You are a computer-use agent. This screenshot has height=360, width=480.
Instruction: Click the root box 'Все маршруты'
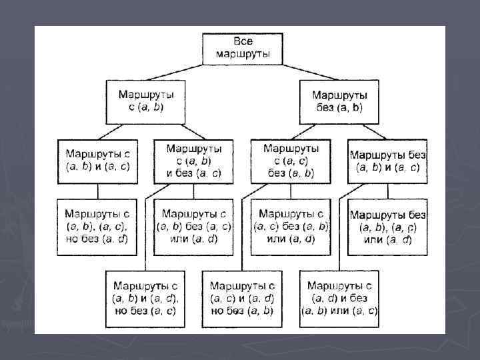pos(243,47)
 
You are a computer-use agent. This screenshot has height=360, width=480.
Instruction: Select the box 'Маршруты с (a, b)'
pos(145,101)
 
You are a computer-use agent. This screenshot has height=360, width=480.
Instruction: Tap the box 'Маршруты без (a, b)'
pos(340,101)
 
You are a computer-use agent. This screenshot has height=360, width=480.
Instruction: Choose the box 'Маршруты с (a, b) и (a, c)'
pos(97,161)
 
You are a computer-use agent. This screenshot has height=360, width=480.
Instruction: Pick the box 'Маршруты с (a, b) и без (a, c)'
pos(194,161)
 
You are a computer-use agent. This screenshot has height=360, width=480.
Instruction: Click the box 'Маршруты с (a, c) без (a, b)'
pos(291,161)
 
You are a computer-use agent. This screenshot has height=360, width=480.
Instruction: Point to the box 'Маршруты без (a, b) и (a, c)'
pos(388,161)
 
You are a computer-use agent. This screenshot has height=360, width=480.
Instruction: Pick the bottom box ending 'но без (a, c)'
pos(145,298)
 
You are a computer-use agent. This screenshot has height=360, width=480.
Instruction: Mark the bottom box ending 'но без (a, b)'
pos(243,298)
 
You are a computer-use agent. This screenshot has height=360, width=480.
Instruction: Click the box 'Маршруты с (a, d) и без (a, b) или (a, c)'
pos(340,298)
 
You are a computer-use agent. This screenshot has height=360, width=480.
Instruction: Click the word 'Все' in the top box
pos(243,42)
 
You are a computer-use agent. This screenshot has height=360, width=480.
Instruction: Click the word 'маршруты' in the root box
pos(243,53)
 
